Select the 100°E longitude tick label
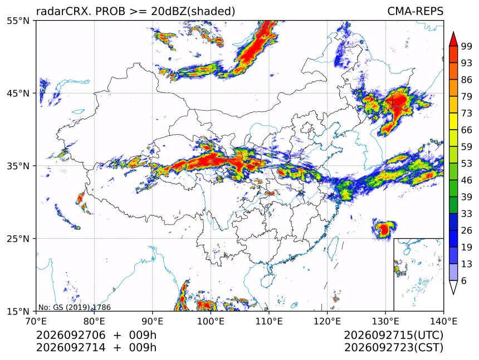pos(211,321)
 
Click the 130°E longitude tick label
pos(385,321)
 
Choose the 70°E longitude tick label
pos(36,321)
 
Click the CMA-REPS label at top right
pos(415,11)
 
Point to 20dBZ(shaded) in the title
pos(193,12)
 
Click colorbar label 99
pos(467,47)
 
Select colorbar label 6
pos(464,280)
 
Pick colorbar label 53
pos(467,164)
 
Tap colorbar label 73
pos(467,114)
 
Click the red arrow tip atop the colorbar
pos(453,32)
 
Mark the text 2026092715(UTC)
pos(393,336)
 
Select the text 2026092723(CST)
pos(393,348)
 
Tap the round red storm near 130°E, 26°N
pos(384,229)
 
